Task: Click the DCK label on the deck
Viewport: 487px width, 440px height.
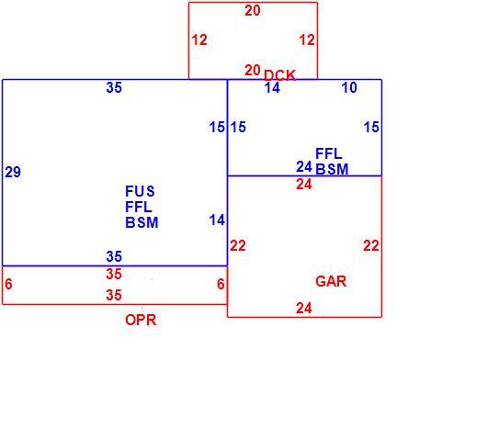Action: click(279, 75)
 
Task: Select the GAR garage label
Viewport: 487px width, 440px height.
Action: click(331, 281)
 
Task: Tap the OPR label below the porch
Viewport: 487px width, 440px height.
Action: click(141, 320)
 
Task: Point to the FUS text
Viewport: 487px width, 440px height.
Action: click(140, 191)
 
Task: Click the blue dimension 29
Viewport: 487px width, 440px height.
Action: click(13, 172)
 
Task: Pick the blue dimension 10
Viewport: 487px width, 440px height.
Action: click(349, 88)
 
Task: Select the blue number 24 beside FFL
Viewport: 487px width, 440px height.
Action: click(304, 167)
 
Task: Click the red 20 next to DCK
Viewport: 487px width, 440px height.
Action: click(252, 70)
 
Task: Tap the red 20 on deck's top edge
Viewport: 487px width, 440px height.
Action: click(253, 10)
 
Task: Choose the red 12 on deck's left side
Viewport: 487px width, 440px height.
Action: click(199, 40)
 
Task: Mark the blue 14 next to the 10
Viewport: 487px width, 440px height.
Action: click(272, 88)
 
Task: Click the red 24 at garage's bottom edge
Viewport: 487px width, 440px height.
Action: click(304, 308)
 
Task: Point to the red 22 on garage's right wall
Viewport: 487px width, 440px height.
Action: click(371, 246)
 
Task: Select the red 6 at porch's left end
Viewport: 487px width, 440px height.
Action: click(8, 284)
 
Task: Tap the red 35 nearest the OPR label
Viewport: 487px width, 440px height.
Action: click(114, 295)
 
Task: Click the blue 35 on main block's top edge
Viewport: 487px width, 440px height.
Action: click(114, 88)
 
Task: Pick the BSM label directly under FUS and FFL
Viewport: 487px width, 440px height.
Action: click(142, 222)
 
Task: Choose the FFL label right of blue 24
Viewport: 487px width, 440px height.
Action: click(329, 153)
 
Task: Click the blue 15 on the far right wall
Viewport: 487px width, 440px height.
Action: click(371, 127)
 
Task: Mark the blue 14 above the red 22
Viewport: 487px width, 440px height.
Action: click(217, 220)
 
